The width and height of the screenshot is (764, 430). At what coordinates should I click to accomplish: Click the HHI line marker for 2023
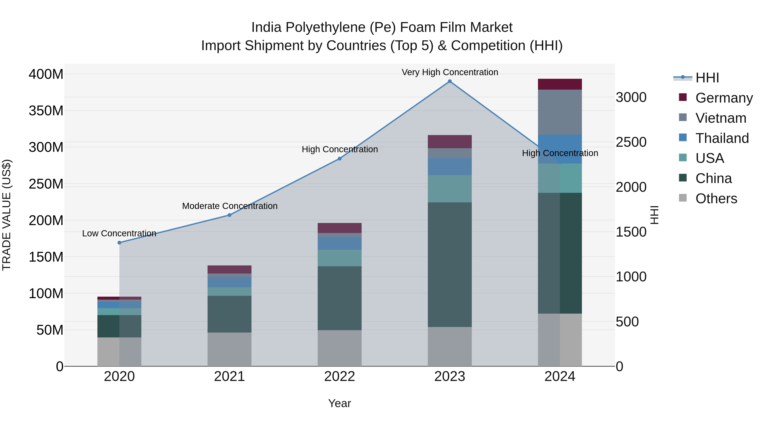(x=450, y=81)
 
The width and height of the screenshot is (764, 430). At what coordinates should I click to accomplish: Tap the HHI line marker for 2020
(x=119, y=242)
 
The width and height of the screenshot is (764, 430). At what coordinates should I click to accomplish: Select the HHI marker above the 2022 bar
(x=340, y=159)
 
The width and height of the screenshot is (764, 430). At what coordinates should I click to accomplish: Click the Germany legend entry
(x=724, y=98)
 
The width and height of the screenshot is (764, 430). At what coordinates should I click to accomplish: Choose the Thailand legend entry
(x=722, y=138)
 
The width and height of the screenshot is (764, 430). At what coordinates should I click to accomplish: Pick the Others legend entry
(x=716, y=199)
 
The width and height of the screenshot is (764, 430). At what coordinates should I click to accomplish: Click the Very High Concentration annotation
(x=450, y=72)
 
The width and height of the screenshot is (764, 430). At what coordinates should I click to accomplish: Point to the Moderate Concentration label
(x=230, y=206)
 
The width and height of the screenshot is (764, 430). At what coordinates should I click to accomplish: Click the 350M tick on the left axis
(x=46, y=111)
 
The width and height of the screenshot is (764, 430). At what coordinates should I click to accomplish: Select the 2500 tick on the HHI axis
(x=631, y=142)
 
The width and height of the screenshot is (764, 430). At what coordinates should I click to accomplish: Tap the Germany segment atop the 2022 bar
(x=340, y=228)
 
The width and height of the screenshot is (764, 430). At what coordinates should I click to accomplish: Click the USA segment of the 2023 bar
(x=450, y=189)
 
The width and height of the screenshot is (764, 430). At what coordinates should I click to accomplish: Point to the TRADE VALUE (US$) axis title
(x=7, y=215)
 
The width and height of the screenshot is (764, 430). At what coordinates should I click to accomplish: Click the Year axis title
(x=340, y=404)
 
